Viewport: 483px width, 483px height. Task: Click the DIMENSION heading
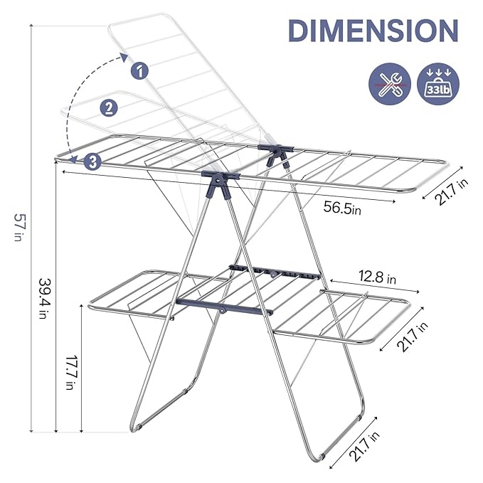click(x=373, y=31)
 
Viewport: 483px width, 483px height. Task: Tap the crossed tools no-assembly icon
click(x=389, y=85)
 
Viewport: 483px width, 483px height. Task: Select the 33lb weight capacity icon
click(x=437, y=85)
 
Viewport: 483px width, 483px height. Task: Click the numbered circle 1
click(x=140, y=70)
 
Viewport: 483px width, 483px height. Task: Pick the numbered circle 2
click(x=109, y=108)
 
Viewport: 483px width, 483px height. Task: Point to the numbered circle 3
click(x=92, y=161)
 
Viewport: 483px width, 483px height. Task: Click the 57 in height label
click(x=17, y=228)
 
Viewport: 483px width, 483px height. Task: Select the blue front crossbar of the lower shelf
click(x=224, y=308)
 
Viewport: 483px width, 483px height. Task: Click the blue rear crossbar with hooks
click(x=274, y=272)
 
